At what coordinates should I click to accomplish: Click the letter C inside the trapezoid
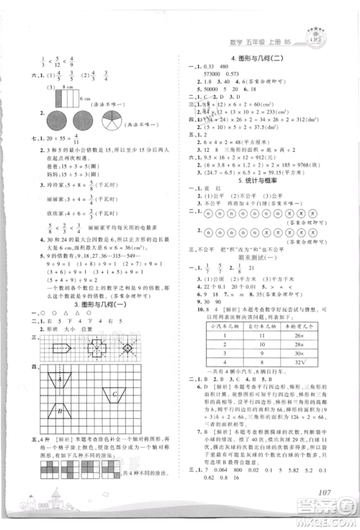(114, 394)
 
